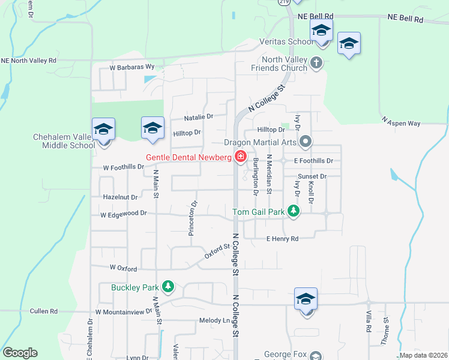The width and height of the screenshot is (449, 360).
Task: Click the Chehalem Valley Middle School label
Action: coord(64,141)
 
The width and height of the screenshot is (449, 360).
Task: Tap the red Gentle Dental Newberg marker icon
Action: coord(241,157)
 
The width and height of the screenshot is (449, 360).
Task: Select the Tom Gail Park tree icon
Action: coord(293,211)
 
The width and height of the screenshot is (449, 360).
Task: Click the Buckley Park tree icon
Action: coord(170,287)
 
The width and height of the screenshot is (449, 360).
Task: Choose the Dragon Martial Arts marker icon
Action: coord(306,142)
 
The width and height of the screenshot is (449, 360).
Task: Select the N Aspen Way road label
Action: coord(402,122)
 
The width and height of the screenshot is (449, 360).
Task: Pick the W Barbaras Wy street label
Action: coord(132,68)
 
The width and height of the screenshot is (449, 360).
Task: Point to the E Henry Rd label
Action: coord(282,239)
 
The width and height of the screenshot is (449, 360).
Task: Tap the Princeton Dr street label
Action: coord(193,218)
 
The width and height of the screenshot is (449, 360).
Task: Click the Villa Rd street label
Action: coord(367,322)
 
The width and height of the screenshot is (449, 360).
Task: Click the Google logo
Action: coord(20,353)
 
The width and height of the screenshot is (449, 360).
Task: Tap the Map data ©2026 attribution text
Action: coord(423,355)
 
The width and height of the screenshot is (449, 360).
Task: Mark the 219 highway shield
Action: coord(285,2)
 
